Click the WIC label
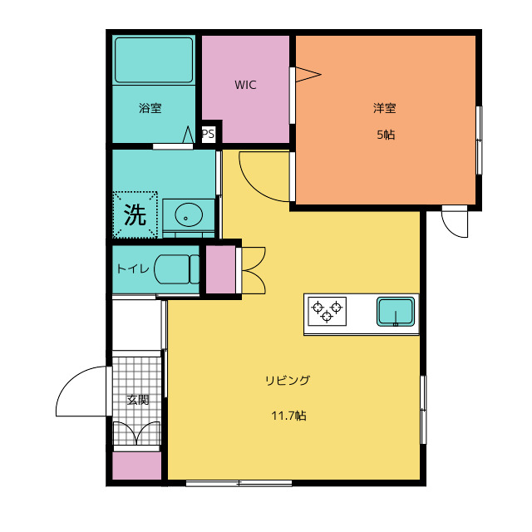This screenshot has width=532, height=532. pyautogui.click(x=245, y=85)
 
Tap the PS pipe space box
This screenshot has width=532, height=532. pyautogui.click(x=208, y=134)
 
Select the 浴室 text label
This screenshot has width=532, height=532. pyautogui.click(x=150, y=108)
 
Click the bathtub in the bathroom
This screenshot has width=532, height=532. pyautogui.click(x=154, y=60)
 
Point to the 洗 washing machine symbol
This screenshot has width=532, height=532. pyautogui.click(x=135, y=214)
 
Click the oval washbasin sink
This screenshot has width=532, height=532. pyautogui.click(x=189, y=214)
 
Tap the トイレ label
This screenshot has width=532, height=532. pyautogui.click(x=133, y=269)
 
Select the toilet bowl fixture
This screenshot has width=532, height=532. pyautogui.click(x=177, y=269)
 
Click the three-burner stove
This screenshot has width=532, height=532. pyautogui.click(x=327, y=311)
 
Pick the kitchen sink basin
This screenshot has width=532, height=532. pyautogui.click(x=396, y=312)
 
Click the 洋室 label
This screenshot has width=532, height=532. pyautogui.click(x=385, y=108)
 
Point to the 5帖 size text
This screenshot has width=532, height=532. pyautogui.click(x=386, y=135)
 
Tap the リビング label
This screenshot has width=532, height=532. pyautogui.click(x=288, y=381)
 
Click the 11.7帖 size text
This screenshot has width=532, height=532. pyautogui.click(x=288, y=416)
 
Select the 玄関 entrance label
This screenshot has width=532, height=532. pyautogui.click(x=138, y=400)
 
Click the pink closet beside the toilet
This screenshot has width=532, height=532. pyautogui.click(x=220, y=269)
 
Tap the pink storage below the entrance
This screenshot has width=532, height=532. pyautogui.click(x=136, y=465)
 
